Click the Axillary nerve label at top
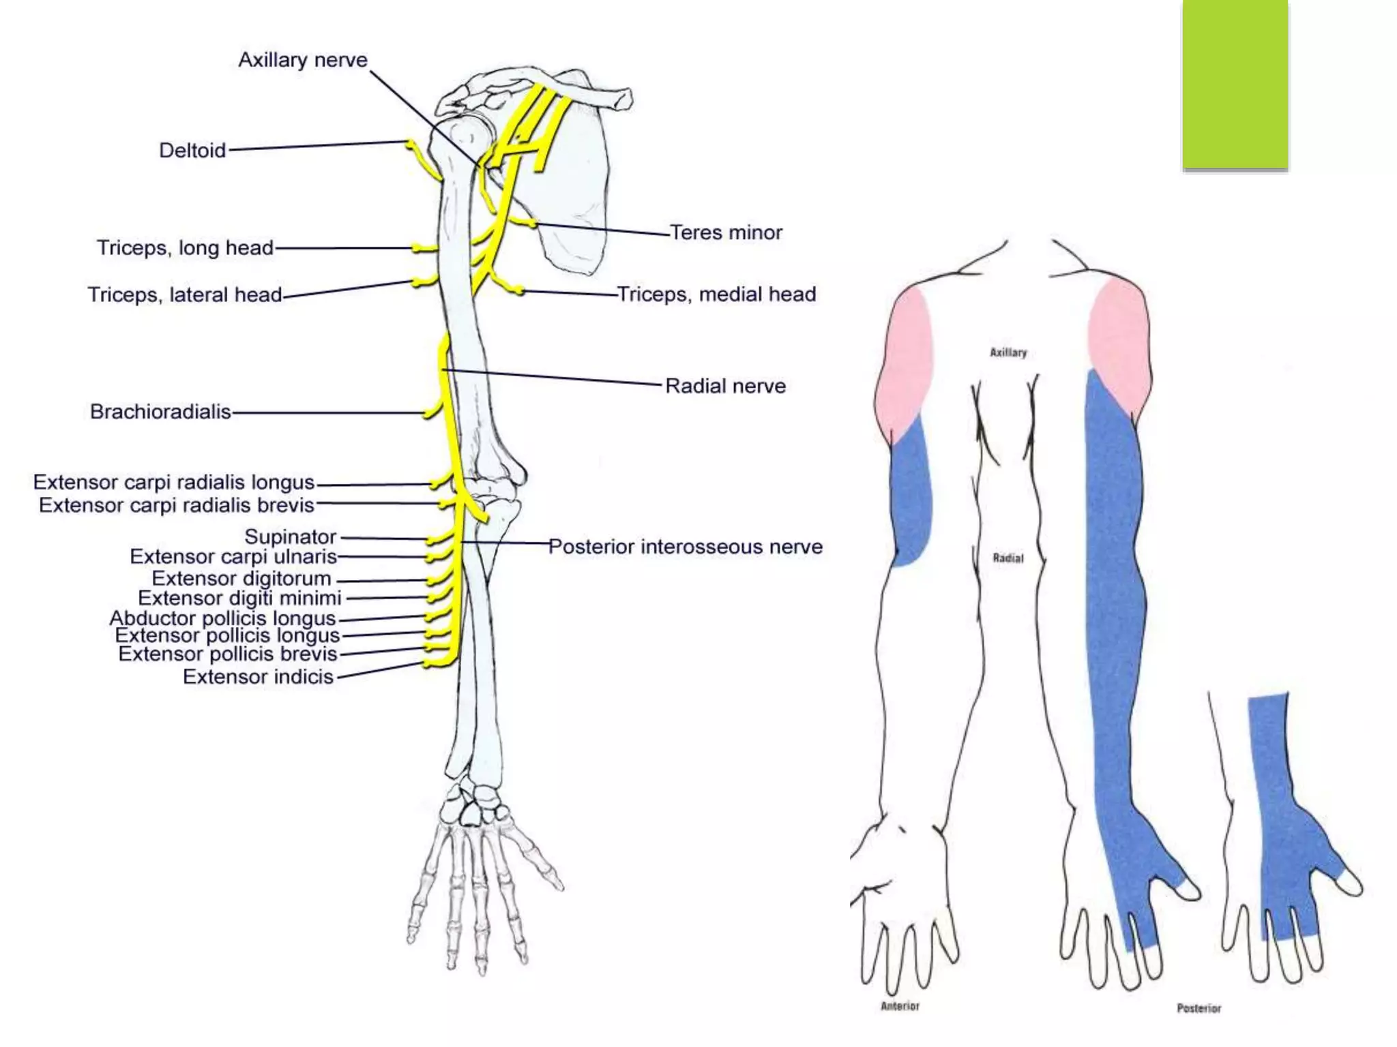(x=302, y=60)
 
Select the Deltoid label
(x=192, y=150)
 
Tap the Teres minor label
(x=726, y=232)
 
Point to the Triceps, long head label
(x=185, y=247)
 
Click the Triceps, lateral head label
(x=184, y=294)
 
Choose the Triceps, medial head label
(x=716, y=294)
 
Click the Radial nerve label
(x=725, y=386)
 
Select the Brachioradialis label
(x=160, y=412)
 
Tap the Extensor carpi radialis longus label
(x=174, y=482)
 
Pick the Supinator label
(x=291, y=536)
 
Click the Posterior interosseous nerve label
(x=686, y=547)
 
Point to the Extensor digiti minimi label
(x=239, y=598)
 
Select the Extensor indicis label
(x=258, y=677)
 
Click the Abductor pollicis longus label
(x=222, y=618)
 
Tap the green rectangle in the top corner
(x=1235, y=83)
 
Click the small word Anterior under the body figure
(x=900, y=1006)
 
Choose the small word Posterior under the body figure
(x=1199, y=1008)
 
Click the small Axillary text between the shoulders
(x=1008, y=352)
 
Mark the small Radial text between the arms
(x=1008, y=558)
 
